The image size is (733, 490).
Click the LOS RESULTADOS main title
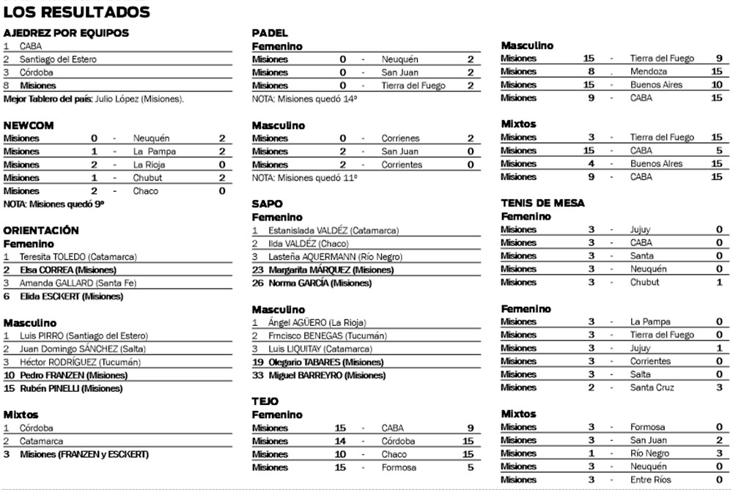pos(77,12)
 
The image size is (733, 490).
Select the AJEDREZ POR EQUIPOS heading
pos(66,33)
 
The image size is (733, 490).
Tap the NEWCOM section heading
pos(29,125)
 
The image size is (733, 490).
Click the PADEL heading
pos(270,33)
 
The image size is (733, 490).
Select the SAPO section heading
pos(268,204)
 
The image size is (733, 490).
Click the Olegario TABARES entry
pos(317,363)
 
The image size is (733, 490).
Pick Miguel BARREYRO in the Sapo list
pos(319,376)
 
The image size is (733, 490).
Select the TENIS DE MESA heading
pos(542,203)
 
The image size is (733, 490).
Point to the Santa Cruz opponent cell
pos(652,387)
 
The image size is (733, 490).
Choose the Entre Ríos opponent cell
pos(650,480)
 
